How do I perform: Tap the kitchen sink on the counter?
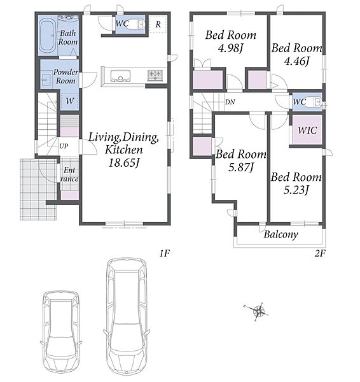click(x=120, y=76)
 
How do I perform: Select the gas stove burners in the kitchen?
click(x=155, y=75)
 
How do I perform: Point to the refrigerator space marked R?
click(x=158, y=24)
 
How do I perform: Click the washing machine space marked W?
click(x=69, y=101)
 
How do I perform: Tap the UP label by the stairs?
click(x=64, y=146)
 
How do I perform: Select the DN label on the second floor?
click(x=230, y=102)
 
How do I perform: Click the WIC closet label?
click(x=307, y=131)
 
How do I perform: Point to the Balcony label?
click(x=281, y=234)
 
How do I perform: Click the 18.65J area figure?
click(x=124, y=163)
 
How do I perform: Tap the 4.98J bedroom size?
click(x=230, y=48)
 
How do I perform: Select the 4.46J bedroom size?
click(x=296, y=61)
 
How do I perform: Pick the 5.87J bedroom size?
click(x=241, y=167)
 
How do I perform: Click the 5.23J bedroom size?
click(x=296, y=190)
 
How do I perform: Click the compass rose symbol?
click(x=258, y=311)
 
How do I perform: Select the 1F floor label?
click(x=164, y=253)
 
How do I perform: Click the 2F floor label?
click(x=320, y=253)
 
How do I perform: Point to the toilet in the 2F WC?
click(x=314, y=102)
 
